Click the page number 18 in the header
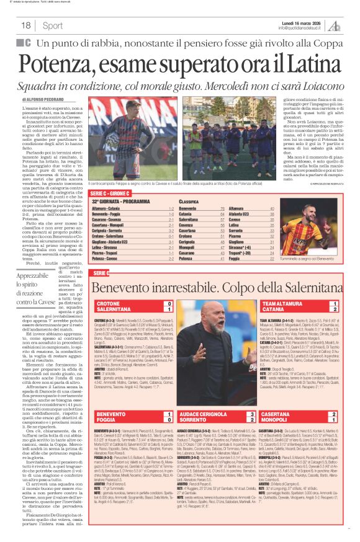pyautogui.click(x=26, y=25)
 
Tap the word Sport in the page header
pyautogui.click(x=53, y=25)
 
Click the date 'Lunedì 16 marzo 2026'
pyautogui.click(x=302, y=22)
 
